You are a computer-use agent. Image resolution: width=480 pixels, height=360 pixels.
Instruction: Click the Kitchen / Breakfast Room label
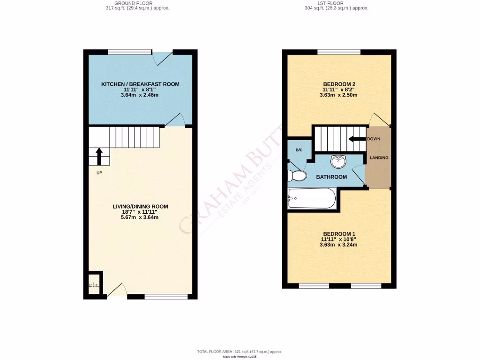140,84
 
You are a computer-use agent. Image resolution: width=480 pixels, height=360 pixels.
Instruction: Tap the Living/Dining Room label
140,206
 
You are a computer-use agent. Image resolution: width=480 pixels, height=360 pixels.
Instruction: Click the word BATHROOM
331,177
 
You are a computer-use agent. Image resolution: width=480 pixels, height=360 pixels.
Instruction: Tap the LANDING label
379,158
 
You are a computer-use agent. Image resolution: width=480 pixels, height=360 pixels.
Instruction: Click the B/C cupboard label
299,150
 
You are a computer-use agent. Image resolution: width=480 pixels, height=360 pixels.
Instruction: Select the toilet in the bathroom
297,176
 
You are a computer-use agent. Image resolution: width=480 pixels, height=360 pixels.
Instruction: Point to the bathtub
312,199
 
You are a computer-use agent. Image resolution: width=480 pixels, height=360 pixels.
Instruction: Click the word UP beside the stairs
99,172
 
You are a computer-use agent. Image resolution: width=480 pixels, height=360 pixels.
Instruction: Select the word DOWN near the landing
374,139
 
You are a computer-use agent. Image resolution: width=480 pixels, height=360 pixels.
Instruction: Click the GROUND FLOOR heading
137,3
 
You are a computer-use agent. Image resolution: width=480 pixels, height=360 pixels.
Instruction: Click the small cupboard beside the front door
95,283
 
